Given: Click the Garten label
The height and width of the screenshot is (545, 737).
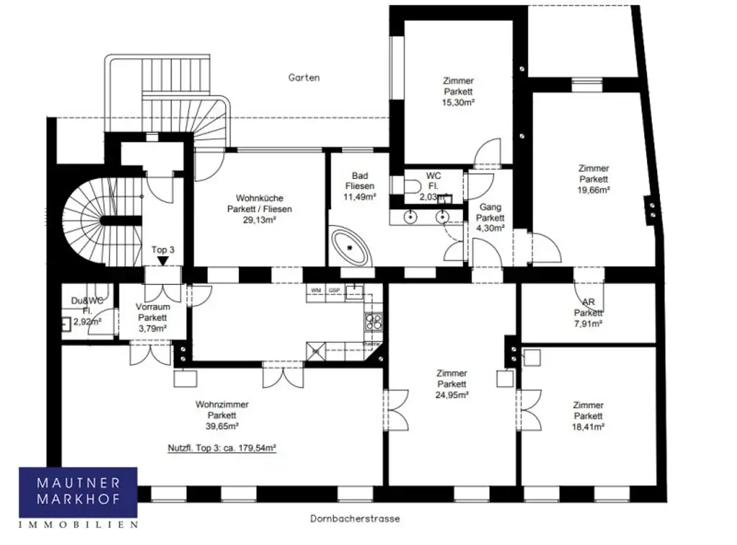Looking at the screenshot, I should (303, 78).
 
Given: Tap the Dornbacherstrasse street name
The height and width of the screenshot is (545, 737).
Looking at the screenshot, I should (355, 518).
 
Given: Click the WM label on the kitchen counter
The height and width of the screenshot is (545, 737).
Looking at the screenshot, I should (315, 290).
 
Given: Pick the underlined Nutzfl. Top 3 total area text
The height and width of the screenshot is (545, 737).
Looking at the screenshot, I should (222, 446).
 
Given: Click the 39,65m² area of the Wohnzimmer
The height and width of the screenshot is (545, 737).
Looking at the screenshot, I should (222, 426).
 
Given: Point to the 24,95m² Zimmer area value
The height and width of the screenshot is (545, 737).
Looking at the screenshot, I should (451, 395).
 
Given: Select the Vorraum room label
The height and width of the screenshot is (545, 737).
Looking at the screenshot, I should (152, 306).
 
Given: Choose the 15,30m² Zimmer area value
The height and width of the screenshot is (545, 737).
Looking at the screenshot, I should (458, 102).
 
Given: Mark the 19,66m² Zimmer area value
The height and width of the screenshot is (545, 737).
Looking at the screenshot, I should (593, 190).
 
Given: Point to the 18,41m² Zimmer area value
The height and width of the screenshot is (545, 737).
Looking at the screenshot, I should (588, 426).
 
